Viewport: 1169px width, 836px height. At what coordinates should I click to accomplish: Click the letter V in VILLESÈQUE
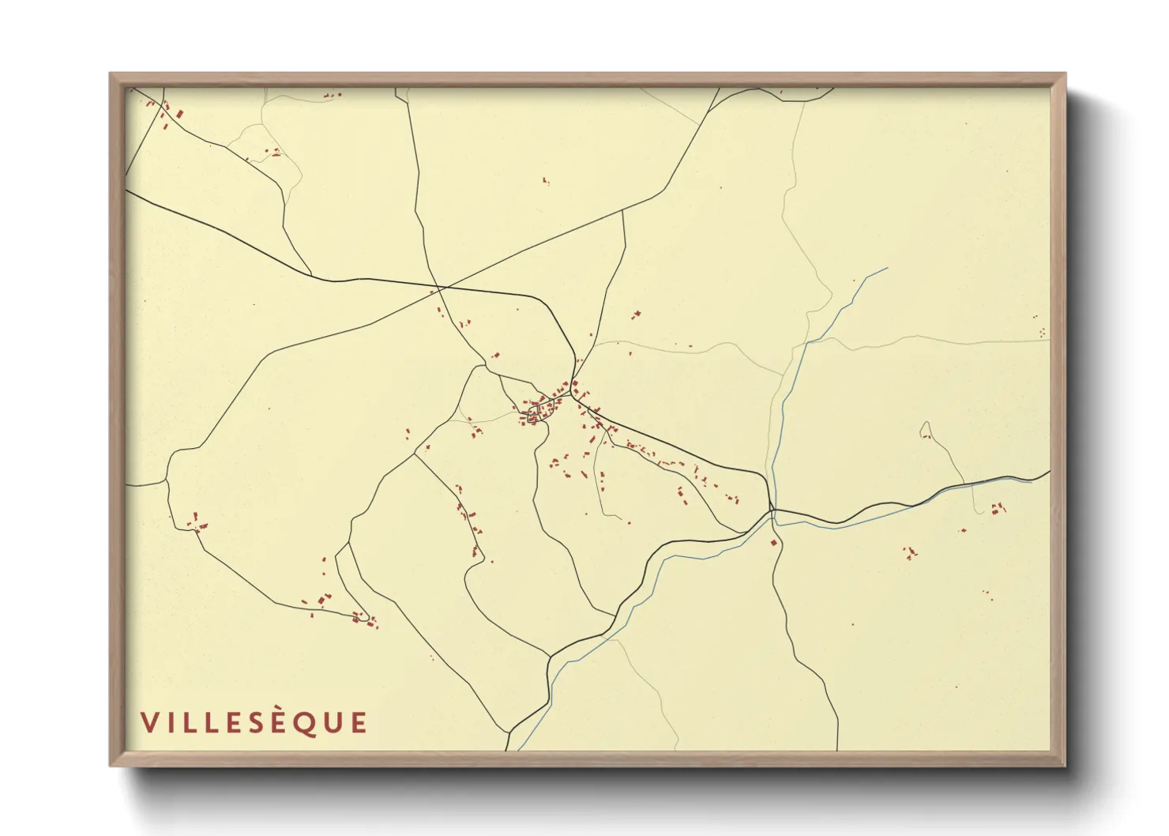[148, 722]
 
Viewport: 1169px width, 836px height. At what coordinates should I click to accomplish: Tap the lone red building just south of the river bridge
[774, 542]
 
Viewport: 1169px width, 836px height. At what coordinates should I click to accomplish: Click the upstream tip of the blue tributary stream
[887, 268]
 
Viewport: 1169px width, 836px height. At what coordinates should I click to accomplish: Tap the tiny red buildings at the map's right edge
[1042, 332]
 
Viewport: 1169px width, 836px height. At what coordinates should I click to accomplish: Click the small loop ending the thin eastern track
[925, 431]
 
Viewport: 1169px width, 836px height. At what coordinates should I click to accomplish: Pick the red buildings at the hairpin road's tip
[363, 617]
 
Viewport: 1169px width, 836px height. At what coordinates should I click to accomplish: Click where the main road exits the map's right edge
[1049, 472]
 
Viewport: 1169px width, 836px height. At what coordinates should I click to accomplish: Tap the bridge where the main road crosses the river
[772, 512]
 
